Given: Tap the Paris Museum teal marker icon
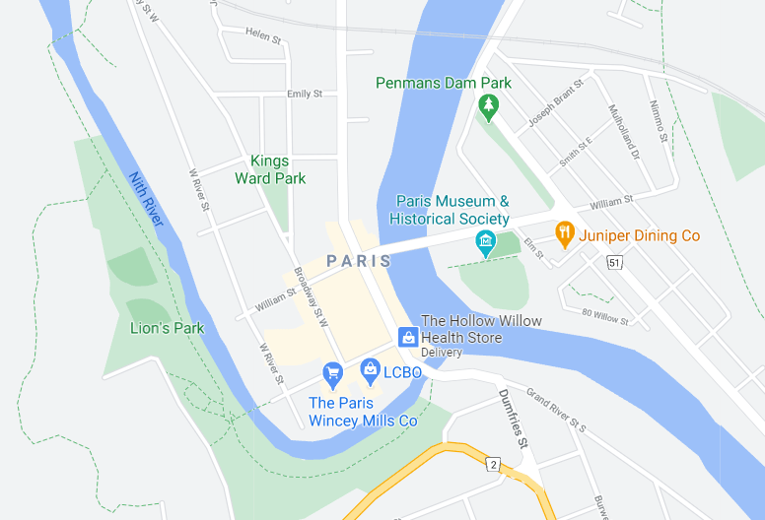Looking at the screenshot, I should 485,241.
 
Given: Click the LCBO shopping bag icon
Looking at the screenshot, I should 370,370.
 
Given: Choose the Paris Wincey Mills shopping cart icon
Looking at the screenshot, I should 332,373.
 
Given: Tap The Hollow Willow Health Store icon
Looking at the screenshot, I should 407,337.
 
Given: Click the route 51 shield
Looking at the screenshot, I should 615,262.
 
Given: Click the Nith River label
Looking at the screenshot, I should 145,199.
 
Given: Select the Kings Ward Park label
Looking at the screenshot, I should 269,169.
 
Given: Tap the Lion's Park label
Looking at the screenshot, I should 167,327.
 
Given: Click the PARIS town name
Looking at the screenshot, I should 359,261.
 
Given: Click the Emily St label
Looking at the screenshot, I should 305,94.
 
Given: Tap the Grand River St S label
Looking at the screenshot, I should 556,411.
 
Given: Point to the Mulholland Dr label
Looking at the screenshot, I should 624,133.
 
